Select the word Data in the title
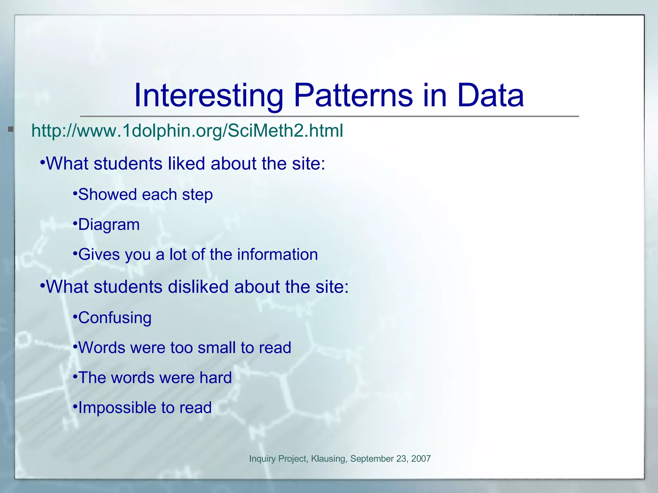(490, 96)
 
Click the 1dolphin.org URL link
(187, 131)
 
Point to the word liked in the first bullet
(186, 163)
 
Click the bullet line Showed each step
(145, 195)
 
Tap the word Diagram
(109, 225)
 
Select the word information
(277, 255)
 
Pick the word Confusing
(115, 318)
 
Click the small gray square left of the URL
(11, 129)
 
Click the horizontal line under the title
(329, 116)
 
